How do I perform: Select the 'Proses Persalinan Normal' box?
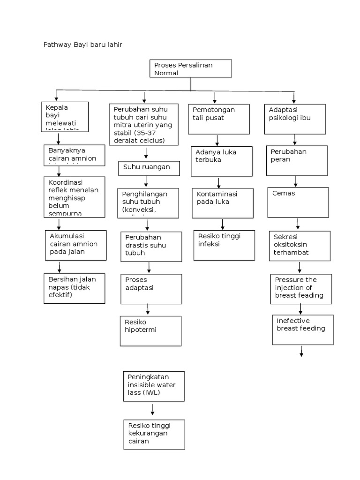click(190, 68)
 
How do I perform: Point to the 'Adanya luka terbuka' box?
click(222, 162)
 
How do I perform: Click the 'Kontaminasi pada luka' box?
click(223, 202)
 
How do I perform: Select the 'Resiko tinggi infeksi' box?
click(224, 245)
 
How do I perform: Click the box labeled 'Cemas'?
click(298, 202)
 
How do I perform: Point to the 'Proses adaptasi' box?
click(150, 289)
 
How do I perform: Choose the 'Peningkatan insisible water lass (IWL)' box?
click(154, 387)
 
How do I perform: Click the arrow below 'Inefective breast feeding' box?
click(301, 352)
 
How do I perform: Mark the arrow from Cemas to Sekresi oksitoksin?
click(297, 224)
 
